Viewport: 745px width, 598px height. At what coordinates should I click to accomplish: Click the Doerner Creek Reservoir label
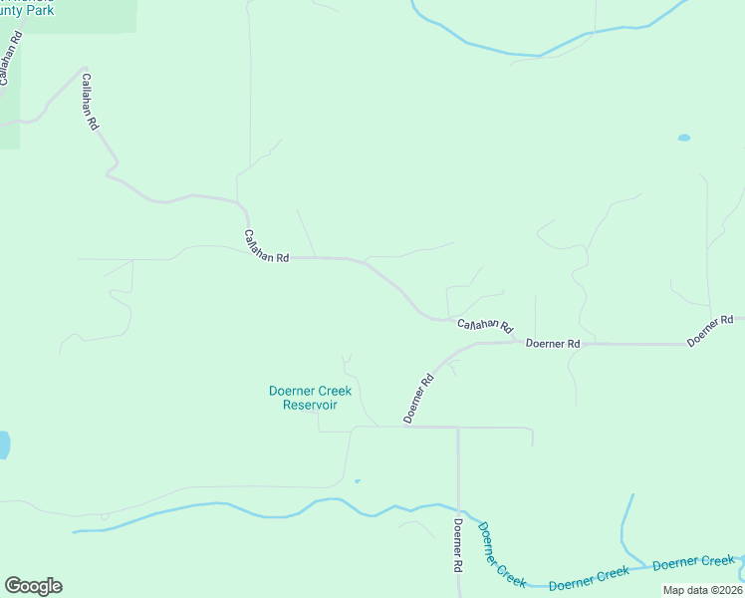[310, 398]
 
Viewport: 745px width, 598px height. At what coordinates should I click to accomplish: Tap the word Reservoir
[310, 405]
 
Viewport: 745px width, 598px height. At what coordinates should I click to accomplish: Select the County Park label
[27, 9]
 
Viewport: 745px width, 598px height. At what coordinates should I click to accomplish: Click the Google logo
[33, 586]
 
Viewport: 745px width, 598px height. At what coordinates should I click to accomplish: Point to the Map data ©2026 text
[702, 590]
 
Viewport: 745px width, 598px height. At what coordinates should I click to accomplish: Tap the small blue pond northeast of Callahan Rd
[683, 138]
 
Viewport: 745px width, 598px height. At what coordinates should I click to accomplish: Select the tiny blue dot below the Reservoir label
[357, 481]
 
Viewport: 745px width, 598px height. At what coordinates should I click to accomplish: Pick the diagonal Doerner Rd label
[419, 398]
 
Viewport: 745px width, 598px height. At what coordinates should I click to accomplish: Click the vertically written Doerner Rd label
[458, 544]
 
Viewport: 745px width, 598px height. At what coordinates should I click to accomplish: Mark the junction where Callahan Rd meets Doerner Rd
[516, 341]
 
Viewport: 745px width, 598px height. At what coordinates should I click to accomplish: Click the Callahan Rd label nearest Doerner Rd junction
[484, 325]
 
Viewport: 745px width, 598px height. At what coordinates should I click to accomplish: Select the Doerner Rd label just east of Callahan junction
[552, 343]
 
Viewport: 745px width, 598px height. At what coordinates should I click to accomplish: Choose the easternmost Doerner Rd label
[710, 331]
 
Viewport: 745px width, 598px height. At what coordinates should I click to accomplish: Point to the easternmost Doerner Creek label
[693, 562]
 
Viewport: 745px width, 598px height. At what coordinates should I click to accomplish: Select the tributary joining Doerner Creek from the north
[626, 528]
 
